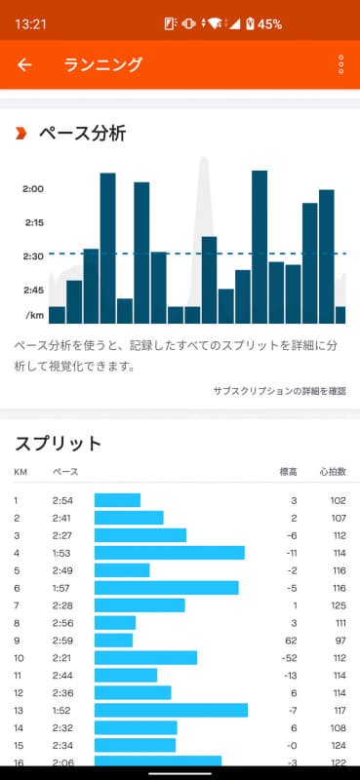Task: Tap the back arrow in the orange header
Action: pos(25,65)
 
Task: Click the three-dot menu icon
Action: pos(340,65)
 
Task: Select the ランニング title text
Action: pos(102,65)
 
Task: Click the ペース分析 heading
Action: pos(82,134)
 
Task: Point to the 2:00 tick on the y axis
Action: pos(33,189)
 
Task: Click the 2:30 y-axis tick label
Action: pos(33,256)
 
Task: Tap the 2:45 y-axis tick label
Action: pos(33,291)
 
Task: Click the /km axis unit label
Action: pos(33,315)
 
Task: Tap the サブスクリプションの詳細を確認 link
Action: pos(279,391)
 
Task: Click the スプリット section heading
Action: pos(59,444)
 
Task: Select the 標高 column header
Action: pos(288,472)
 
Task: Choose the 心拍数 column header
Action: pos(333,472)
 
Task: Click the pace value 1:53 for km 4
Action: pos(63,553)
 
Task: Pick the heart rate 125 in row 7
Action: pos(335,605)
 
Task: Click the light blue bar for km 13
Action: pos(171,710)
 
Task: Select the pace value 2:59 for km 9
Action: pos(63,640)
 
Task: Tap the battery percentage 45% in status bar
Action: pos(269,22)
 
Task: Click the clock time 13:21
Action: pos(31,22)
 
